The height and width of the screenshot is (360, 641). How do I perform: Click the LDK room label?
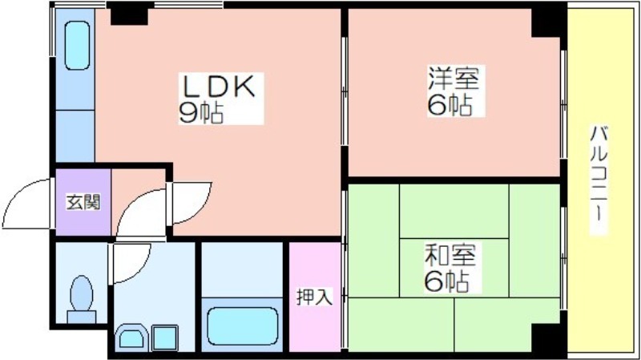point(220,87)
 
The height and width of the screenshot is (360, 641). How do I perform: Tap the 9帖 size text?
point(201,112)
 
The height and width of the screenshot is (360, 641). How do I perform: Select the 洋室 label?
point(454,78)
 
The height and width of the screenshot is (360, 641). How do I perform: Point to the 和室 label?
point(450,254)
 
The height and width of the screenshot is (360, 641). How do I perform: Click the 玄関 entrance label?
point(83,202)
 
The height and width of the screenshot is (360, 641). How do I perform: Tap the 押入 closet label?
point(314,297)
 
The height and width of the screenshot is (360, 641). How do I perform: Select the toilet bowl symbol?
point(82,298)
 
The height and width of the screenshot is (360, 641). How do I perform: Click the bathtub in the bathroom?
point(243,326)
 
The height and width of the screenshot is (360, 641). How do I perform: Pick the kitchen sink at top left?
point(77,46)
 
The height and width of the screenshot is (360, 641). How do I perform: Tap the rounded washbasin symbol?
point(131,337)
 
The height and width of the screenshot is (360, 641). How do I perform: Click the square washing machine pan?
point(165,338)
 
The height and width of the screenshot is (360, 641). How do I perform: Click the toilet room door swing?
point(130,263)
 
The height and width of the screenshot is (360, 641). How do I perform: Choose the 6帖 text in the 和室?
point(446,281)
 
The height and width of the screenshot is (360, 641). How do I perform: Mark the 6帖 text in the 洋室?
point(450,105)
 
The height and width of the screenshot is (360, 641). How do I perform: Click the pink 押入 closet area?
point(315,297)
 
